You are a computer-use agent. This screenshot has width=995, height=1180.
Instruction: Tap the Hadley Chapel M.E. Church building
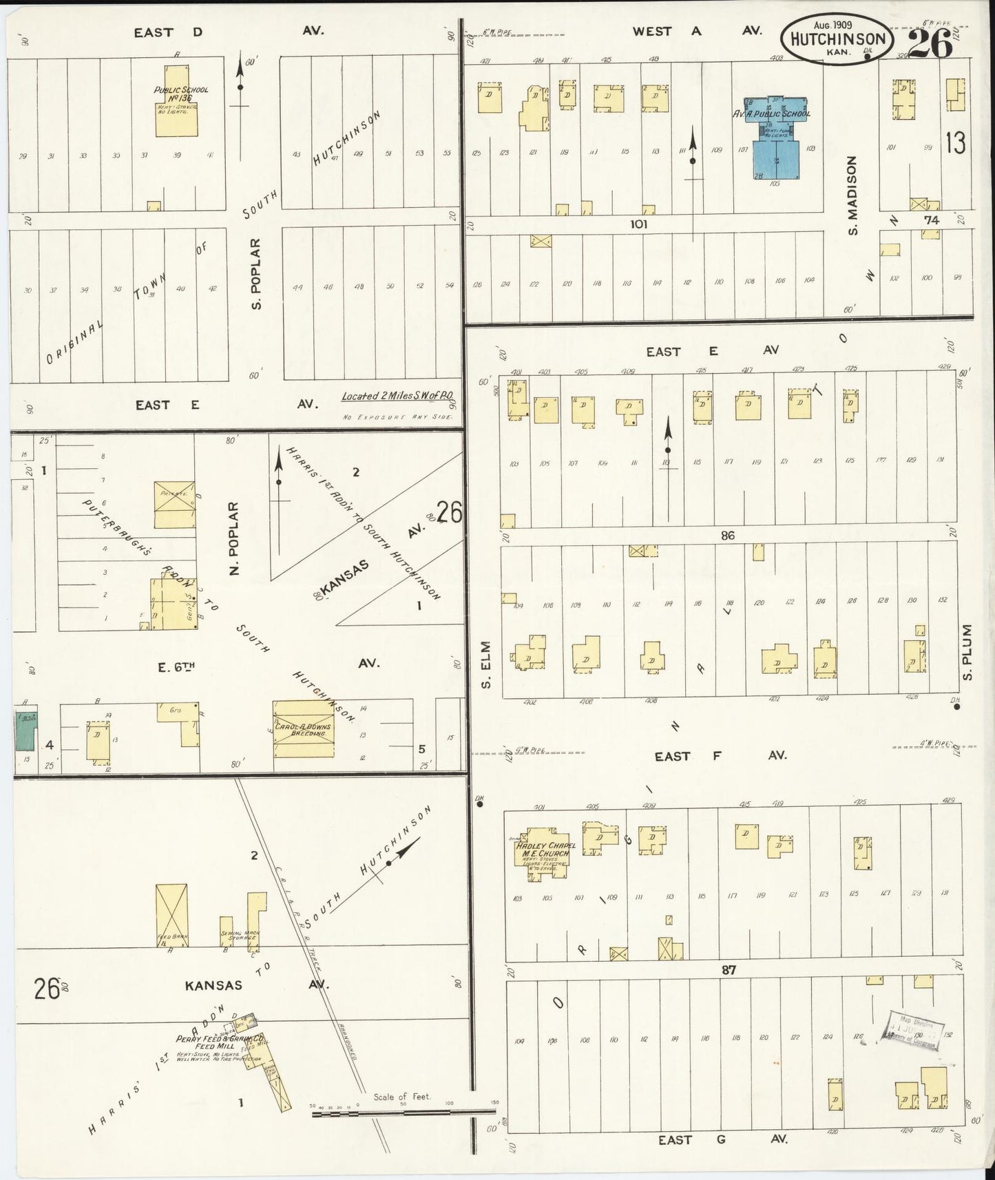pos(544,851)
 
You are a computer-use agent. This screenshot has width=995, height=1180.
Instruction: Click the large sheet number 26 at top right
pos(930,44)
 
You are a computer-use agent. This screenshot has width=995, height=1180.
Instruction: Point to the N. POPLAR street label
pos(233,540)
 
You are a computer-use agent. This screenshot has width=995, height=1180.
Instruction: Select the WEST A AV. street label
pos(695,30)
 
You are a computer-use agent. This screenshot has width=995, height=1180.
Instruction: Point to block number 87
pos(729,969)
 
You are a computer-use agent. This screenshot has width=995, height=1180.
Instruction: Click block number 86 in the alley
pos(729,535)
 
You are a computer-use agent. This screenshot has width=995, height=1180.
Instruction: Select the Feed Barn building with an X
pos(171,915)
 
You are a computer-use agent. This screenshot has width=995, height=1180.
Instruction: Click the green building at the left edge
pos(26,732)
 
